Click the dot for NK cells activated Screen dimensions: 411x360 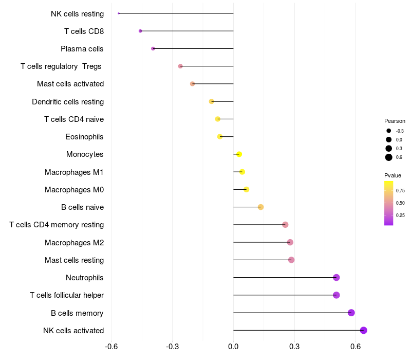(x=363, y=330)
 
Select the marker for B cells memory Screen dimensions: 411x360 (x=351, y=313)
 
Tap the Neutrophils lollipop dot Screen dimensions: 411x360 (x=337, y=277)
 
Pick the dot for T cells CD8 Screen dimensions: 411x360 (x=140, y=31)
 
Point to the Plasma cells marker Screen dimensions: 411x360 (x=153, y=48)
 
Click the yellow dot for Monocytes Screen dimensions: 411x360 (x=239, y=154)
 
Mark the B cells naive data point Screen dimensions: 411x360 (x=260, y=207)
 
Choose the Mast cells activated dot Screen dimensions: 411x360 (x=192, y=84)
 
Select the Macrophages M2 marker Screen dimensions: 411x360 (x=290, y=242)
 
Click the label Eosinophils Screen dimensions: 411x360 (x=84, y=137)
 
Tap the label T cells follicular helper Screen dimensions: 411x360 (x=67, y=295)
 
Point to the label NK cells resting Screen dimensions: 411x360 (x=78, y=14)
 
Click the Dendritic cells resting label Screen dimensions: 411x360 (x=68, y=101)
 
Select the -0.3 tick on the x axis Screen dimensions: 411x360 (x=172, y=347)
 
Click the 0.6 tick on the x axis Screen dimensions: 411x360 (x=356, y=347)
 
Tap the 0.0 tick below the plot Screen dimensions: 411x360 (x=233, y=347)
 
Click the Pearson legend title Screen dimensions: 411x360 (x=395, y=121)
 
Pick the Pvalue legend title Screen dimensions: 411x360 (x=393, y=175)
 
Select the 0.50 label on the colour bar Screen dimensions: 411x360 (x=400, y=203)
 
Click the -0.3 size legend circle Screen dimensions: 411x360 (x=389, y=131)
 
